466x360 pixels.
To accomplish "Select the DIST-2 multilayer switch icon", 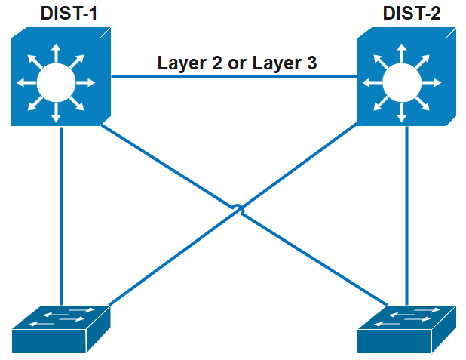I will tap(406, 79).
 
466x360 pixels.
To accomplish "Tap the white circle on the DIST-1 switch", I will tap(55, 82).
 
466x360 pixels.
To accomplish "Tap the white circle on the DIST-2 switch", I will tap(400, 82).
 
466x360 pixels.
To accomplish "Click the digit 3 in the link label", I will tap(310, 63).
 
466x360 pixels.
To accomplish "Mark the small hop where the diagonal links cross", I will tap(236, 208).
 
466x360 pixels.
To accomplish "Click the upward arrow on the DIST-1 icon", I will tap(55, 53).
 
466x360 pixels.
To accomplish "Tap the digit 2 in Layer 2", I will tap(216, 63).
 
